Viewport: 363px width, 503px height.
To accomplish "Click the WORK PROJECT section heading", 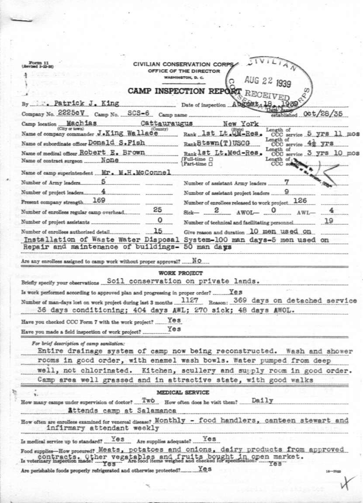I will [177, 273].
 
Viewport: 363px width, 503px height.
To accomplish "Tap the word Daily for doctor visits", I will [263, 400].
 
